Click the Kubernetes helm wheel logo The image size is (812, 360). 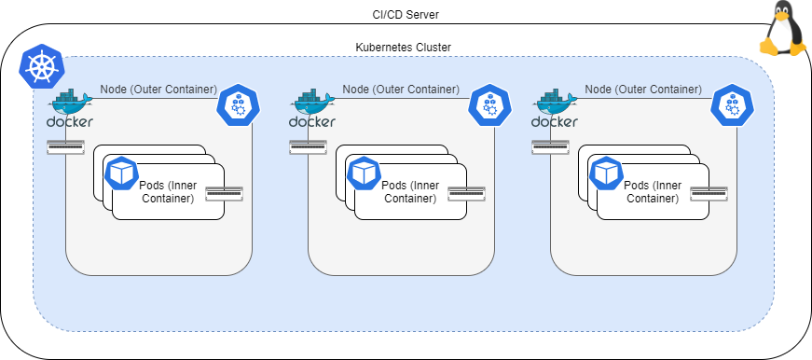39,66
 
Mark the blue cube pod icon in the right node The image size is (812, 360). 607,173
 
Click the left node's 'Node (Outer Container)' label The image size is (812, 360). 158,90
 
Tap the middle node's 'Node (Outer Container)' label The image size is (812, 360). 401,90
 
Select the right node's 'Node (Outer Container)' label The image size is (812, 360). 643,90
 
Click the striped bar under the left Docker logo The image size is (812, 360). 65,146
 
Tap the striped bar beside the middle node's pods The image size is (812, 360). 466,194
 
